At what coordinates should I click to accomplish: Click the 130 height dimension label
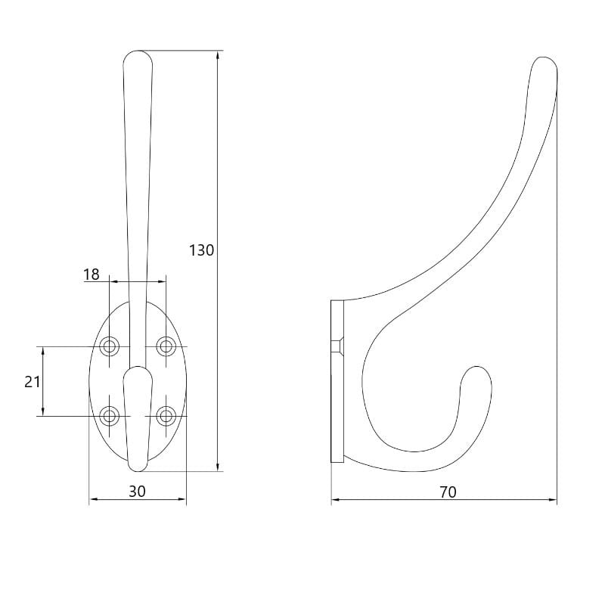(201, 250)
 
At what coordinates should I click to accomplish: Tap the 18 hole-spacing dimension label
(92, 275)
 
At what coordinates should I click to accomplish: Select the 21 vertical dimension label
(32, 382)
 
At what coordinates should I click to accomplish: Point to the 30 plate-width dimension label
(137, 491)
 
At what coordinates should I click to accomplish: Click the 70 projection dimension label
(448, 492)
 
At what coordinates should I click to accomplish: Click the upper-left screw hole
(109, 346)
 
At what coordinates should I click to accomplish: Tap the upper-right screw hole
(166, 346)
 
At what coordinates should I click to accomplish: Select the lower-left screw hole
(109, 416)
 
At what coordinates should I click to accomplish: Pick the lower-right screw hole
(166, 416)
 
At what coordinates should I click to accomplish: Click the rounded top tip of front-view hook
(138, 51)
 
